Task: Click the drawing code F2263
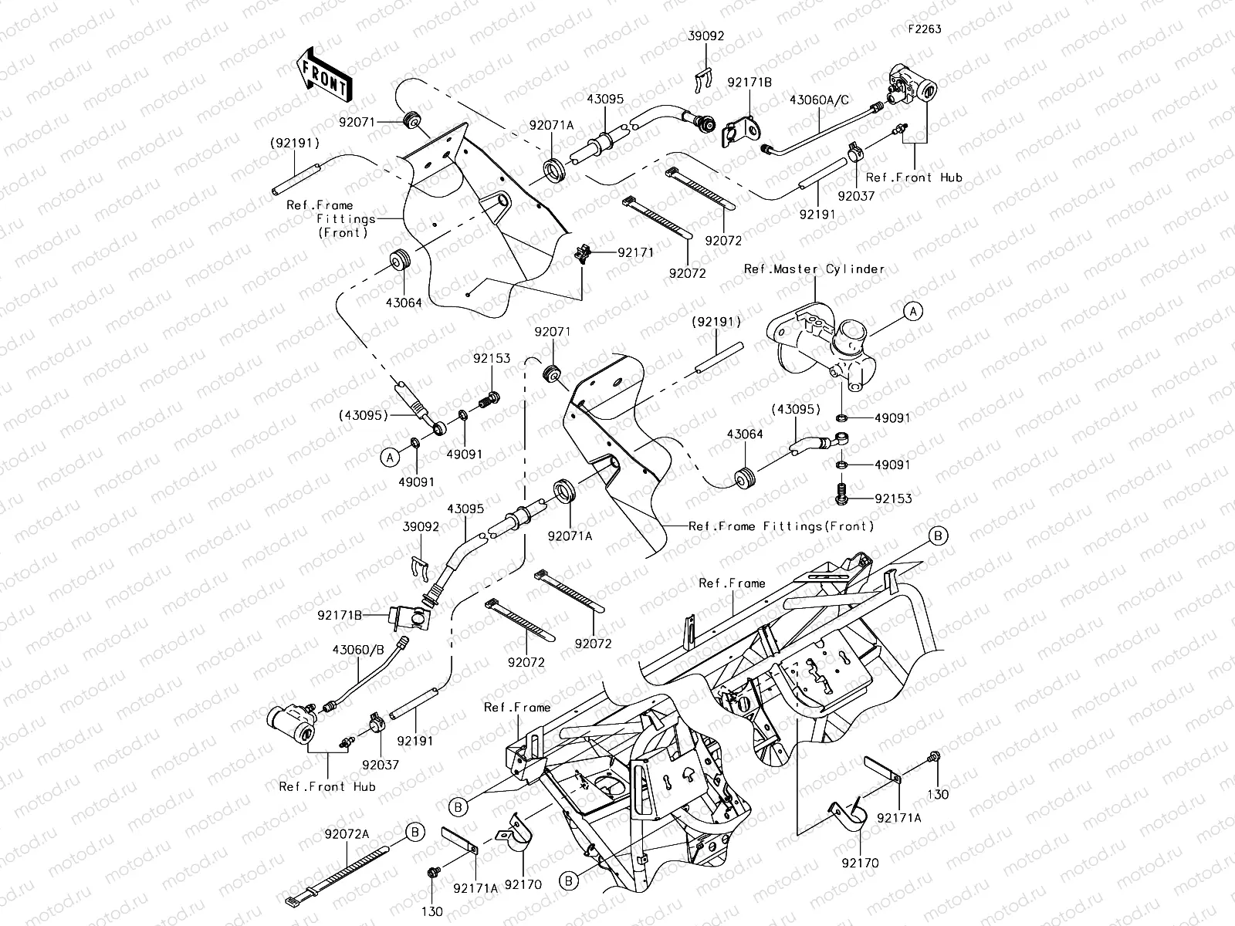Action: [x=924, y=29]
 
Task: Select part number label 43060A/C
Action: [x=819, y=100]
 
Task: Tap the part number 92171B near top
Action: [x=749, y=81]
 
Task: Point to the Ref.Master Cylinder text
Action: [x=814, y=269]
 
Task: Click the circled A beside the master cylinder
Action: [x=912, y=311]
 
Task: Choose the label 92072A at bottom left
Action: [x=347, y=834]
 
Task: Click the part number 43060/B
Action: [x=358, y=650]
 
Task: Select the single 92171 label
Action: [x=635, y=252]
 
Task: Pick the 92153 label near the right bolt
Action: [x=893, y=498]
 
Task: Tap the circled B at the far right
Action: [x=938, y=536]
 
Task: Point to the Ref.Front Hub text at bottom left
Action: [x=327, y=786]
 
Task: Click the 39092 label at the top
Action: [x=706, y=35]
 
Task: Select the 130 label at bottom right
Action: [x=937, y=794]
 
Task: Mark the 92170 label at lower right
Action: [x=860, y=863]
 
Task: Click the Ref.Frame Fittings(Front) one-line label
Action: [x=781, y=526]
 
